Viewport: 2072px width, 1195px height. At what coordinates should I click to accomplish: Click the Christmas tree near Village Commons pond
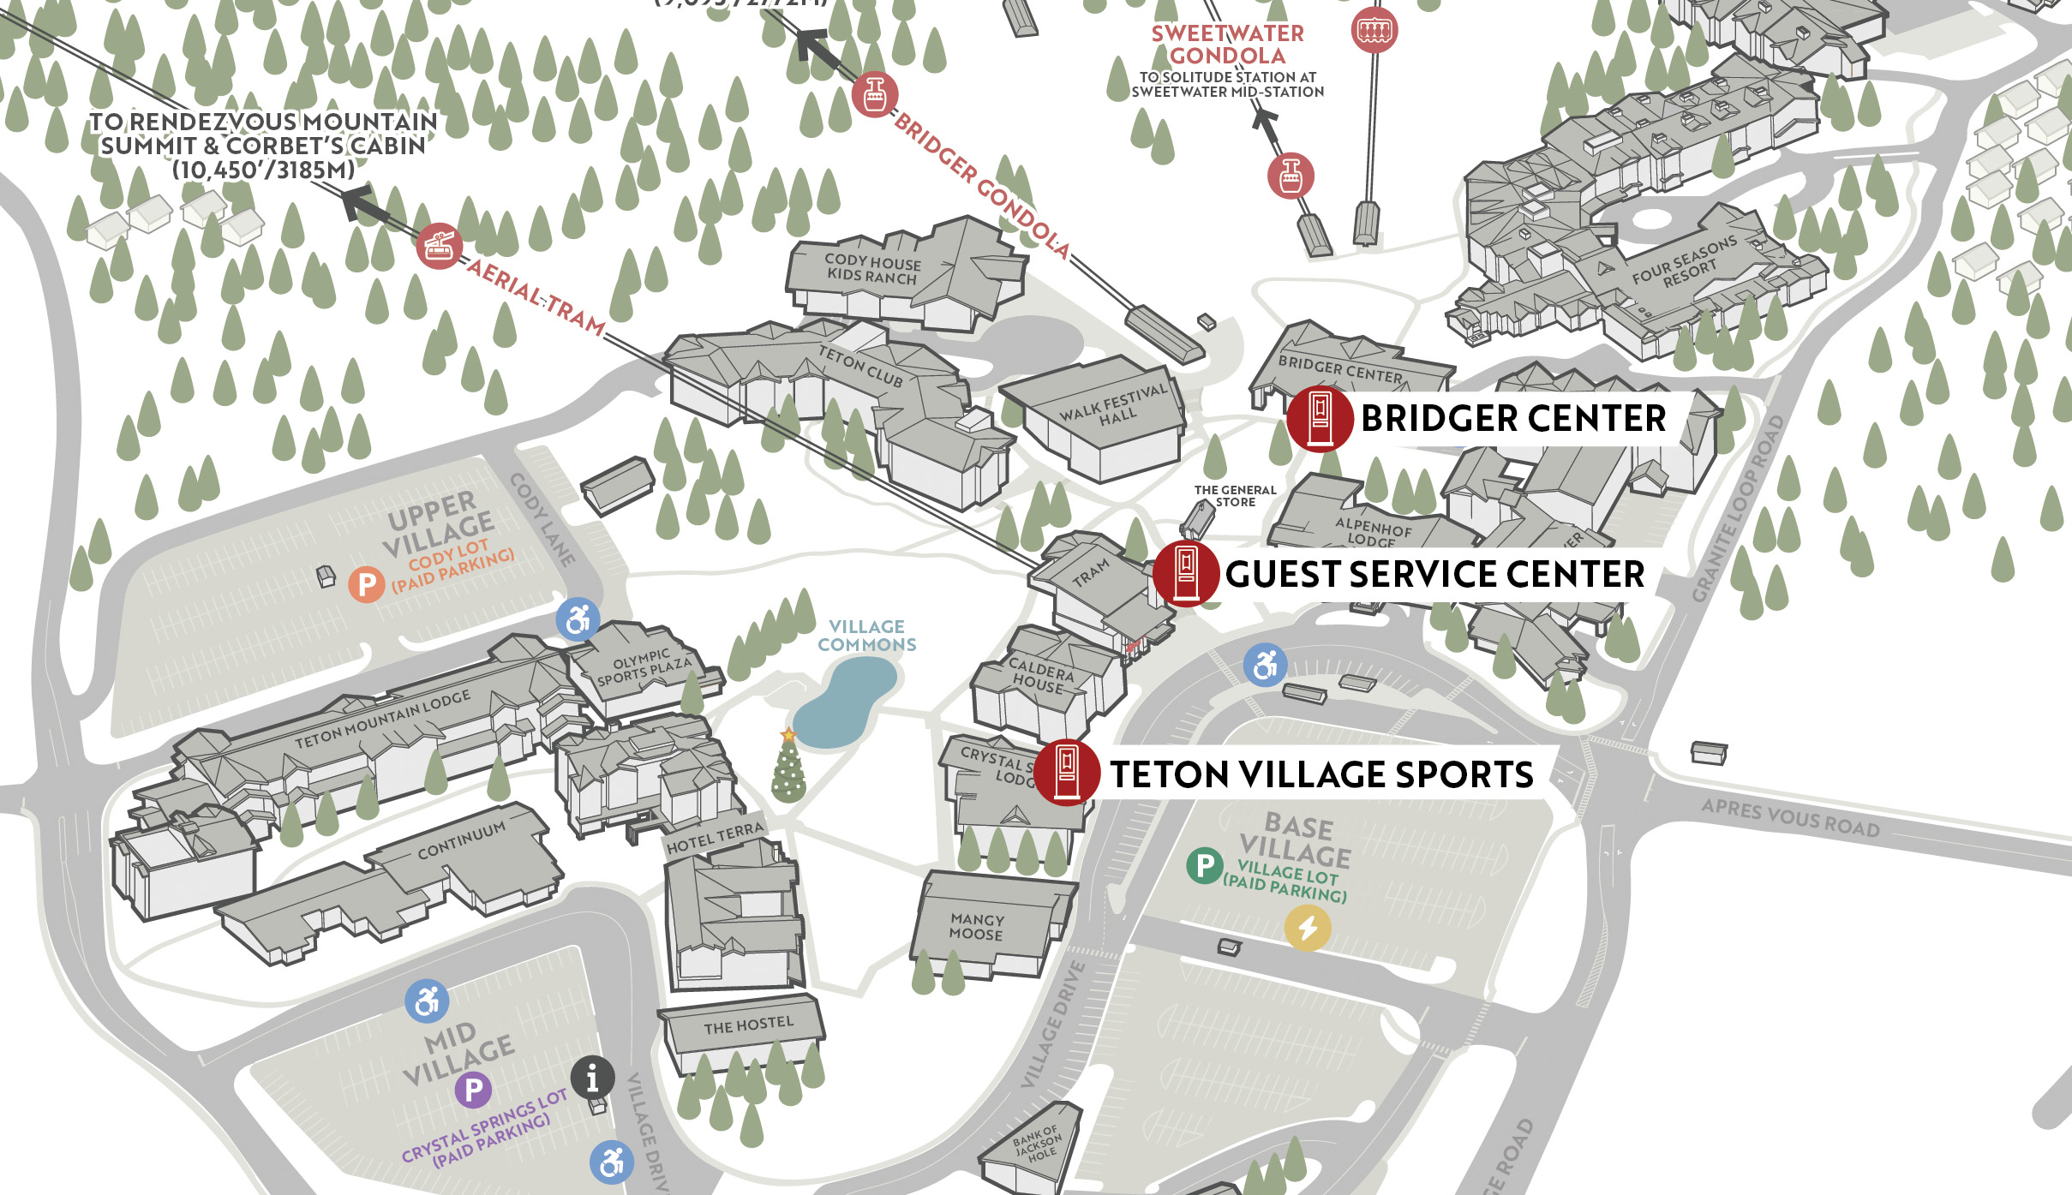[788, 767]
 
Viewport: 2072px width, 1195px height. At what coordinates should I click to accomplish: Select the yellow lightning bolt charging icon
[1308, 928]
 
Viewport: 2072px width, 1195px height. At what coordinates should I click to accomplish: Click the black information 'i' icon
[593, 1078]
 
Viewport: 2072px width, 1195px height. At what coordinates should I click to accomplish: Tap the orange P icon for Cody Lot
[367, 584]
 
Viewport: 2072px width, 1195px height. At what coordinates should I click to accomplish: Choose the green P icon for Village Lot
[1205, 865]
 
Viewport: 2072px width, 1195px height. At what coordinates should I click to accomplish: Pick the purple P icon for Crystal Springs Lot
[473, 1090]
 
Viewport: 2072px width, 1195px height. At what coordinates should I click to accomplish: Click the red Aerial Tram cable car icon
[440, 246]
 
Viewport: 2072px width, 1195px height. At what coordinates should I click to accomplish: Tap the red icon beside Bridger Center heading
[1320, 418]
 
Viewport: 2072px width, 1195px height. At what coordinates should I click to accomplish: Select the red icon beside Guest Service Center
[1186, 573]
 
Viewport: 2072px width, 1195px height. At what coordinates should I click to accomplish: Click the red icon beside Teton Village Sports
[1067, 773]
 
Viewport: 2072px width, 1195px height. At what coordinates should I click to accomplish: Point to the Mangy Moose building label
[977, 927]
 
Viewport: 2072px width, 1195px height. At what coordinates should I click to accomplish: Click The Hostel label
[748, 1025]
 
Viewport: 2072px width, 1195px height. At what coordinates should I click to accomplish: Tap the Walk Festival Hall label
[1115, 407]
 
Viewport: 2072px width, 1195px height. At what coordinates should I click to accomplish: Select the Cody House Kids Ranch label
[872, 268]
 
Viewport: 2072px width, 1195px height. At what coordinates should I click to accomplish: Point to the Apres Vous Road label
[1790, 817]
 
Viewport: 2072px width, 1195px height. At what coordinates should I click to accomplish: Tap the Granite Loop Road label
[1738, 510]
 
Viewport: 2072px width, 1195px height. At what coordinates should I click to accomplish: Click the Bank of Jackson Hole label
[1037, 1144]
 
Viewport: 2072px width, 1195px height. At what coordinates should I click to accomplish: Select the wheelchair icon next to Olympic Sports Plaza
[578, 619]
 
